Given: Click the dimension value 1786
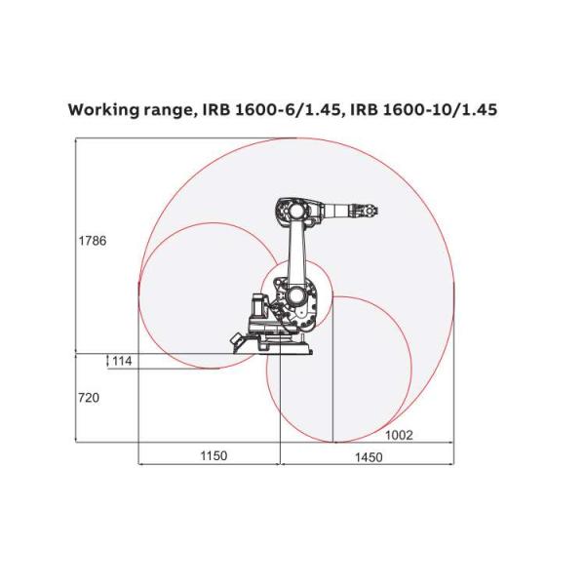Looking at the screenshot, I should pos(92,241).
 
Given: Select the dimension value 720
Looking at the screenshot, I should pos(88,397).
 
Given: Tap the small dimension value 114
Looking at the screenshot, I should pos(121,362).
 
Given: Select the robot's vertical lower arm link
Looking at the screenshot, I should pos(294,252).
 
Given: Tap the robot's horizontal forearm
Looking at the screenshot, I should pos(336,210).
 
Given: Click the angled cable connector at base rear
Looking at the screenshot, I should pos(238,338).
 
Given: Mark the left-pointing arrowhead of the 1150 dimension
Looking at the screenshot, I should pos(143,465).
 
